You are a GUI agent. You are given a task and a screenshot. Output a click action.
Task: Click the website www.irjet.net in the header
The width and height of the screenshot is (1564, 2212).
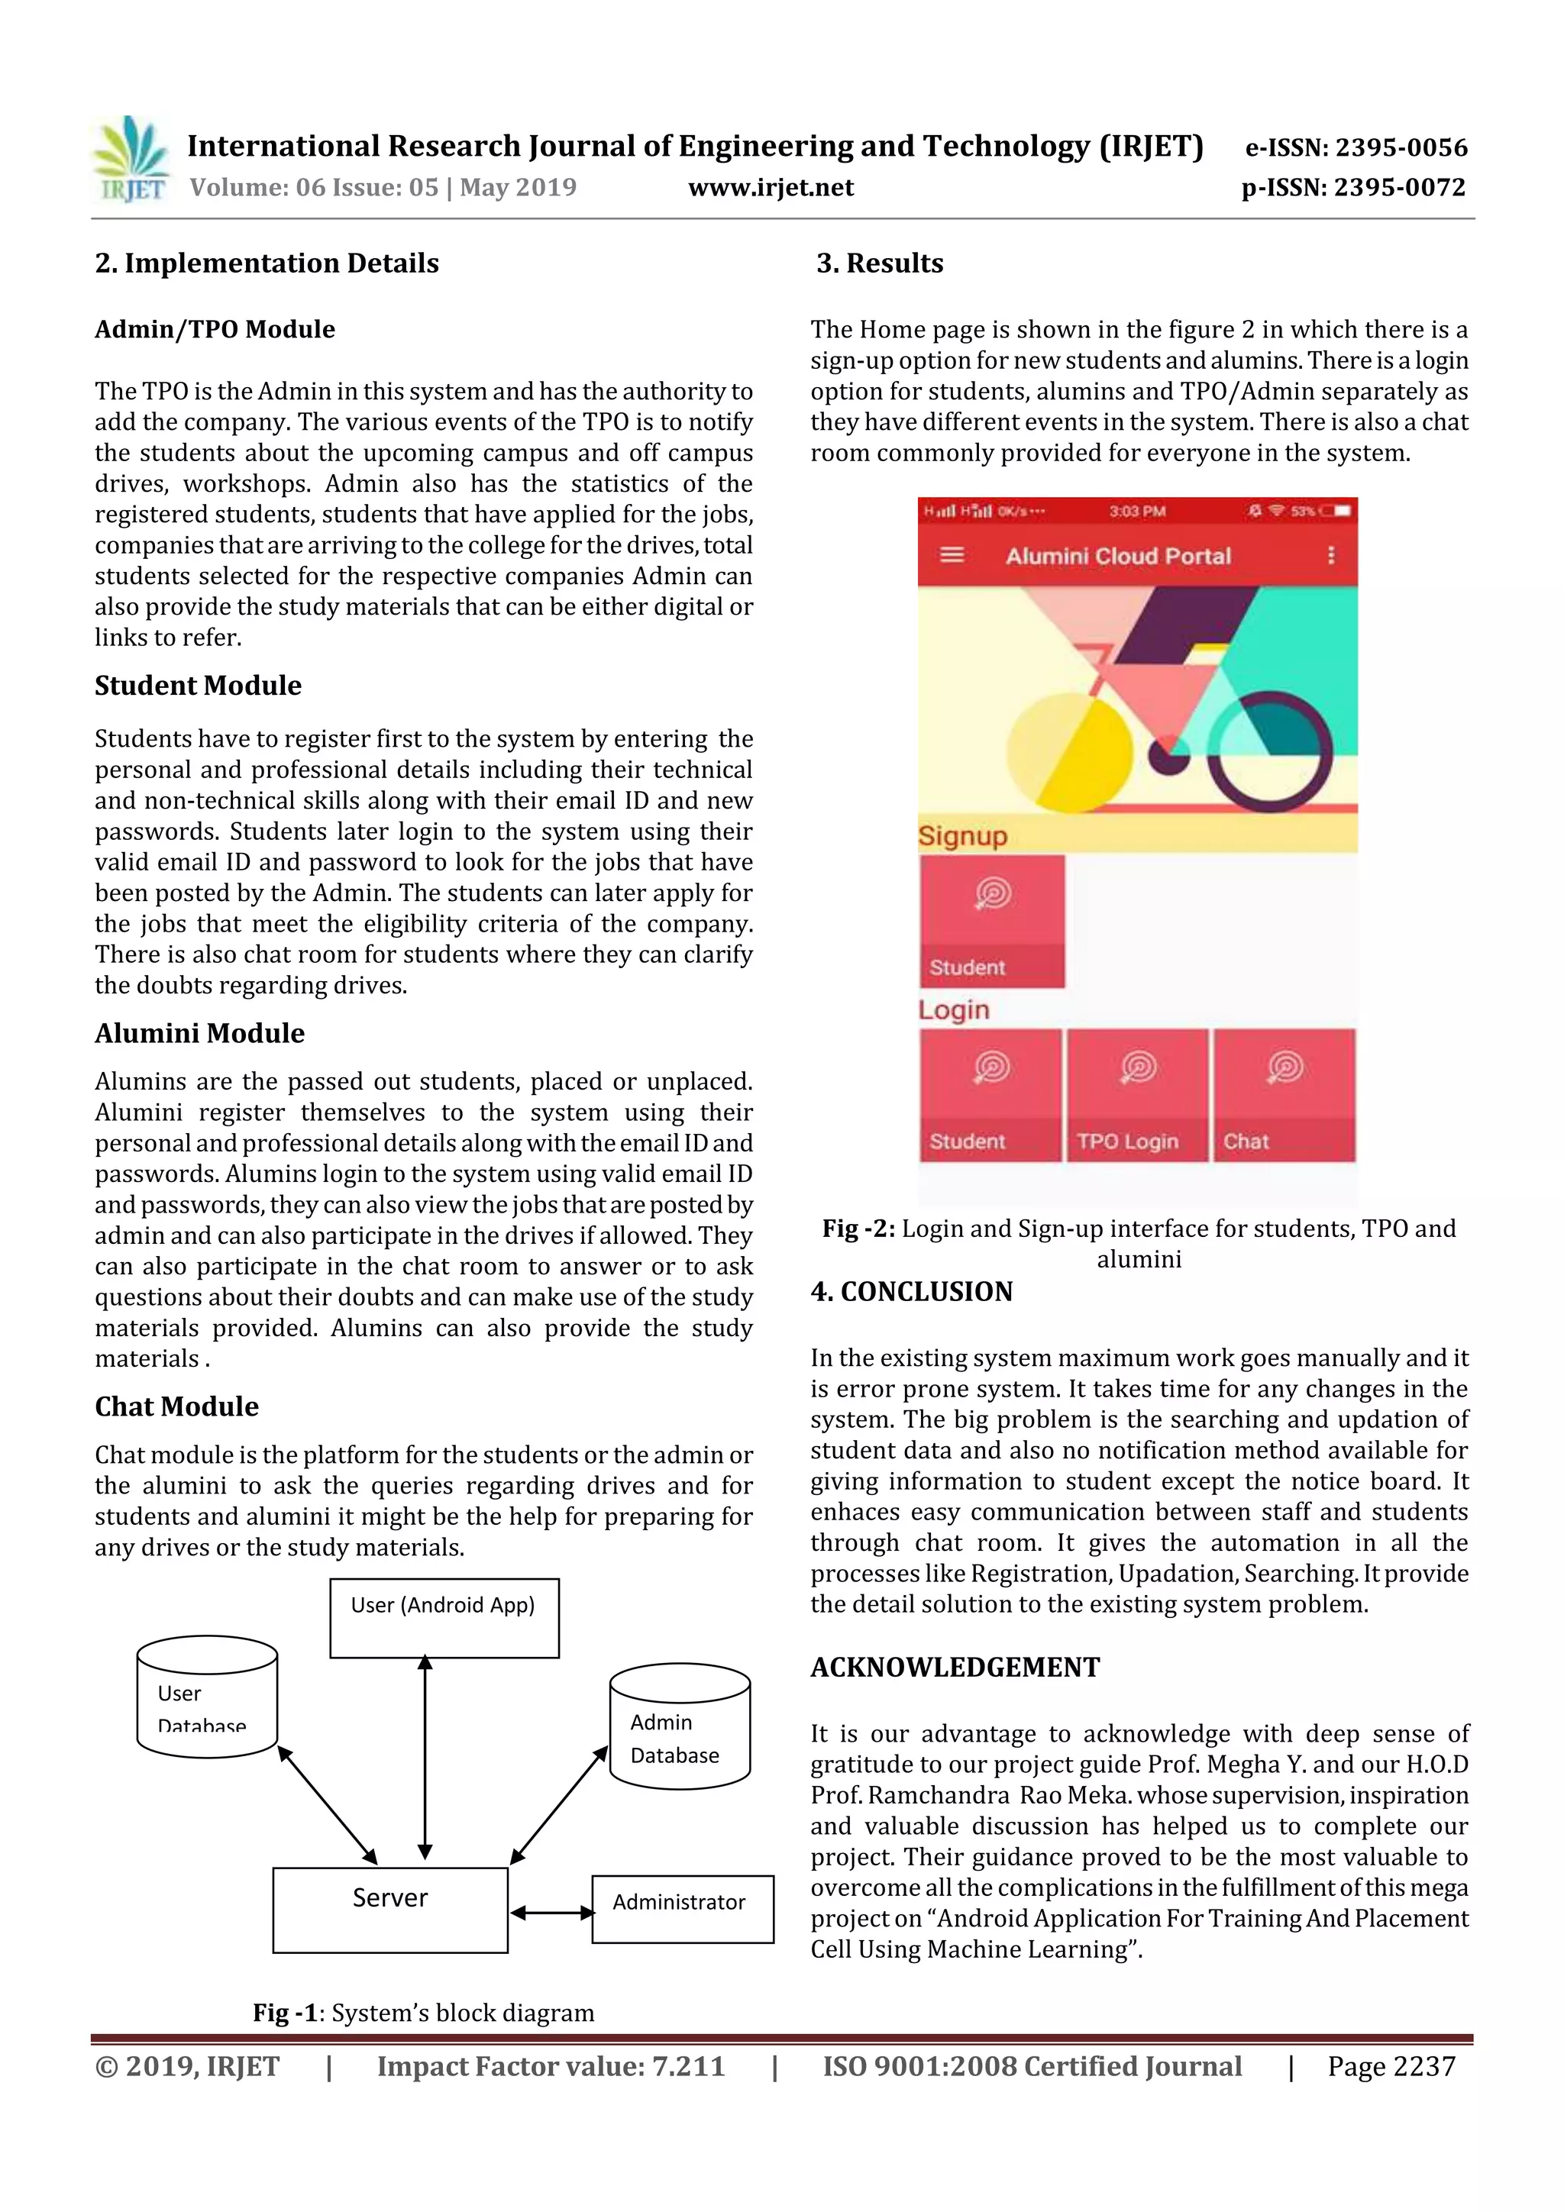(x=770, y=188)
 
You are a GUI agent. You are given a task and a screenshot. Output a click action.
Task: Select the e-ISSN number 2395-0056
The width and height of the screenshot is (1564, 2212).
(x=1400, y=147)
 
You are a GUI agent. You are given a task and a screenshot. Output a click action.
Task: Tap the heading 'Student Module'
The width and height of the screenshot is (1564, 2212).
(x=198, y=685)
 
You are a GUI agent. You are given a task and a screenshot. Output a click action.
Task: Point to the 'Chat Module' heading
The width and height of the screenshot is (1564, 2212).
(x=176, y=1406)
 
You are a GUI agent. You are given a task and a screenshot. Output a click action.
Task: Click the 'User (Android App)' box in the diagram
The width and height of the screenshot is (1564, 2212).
(x=443, y=1617)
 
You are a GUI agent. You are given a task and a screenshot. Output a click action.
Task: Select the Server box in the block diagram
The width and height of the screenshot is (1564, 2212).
(x=389, y=1910)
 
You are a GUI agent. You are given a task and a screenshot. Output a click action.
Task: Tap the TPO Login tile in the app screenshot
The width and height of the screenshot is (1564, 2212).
(x=1136, y=1096)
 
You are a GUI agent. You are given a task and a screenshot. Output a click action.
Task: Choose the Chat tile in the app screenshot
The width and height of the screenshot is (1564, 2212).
(x=1284, y=1096)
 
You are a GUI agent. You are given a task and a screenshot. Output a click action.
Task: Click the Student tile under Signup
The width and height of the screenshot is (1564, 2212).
(x=991, y=921)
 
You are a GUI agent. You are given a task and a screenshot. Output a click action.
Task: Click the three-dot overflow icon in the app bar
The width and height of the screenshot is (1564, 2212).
(x=1331, y=555)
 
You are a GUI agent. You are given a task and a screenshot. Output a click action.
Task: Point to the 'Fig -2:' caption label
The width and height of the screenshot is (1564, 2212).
(x=858, y=1229)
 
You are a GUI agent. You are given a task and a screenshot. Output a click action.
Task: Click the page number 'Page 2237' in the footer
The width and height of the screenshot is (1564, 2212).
(x=1391, y=2066)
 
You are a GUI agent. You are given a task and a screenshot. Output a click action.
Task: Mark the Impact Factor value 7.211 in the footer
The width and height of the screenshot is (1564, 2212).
(x=687, y=2066)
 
